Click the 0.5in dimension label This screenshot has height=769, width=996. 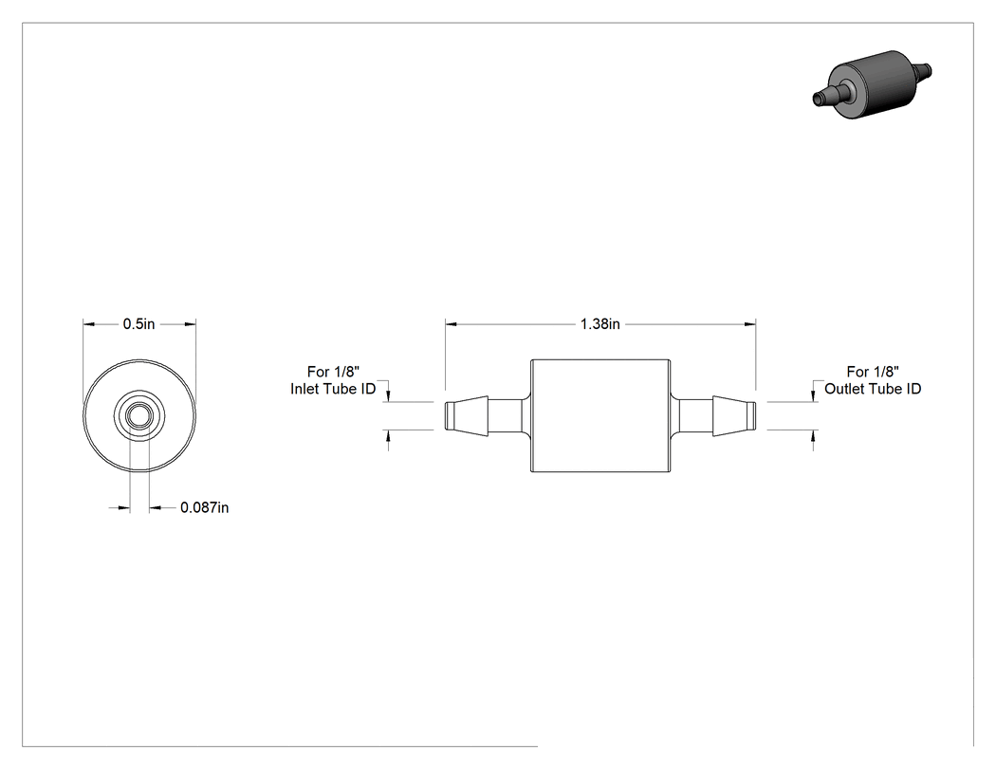coord(138,324)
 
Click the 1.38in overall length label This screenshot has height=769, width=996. coord(599,324)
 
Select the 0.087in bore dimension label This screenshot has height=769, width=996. coord(205,507)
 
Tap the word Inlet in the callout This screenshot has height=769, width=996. coord(303,389)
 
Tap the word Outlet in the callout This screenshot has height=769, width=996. coord(844,389)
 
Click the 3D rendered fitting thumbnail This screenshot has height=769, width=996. coord(872,85)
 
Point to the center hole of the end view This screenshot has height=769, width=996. coord(139,416)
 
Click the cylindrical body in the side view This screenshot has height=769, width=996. coord(600,416)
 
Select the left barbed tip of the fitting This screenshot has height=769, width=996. coord(467,416)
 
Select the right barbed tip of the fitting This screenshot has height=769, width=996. coord(734,416)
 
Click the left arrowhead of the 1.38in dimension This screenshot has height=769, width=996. coord(451,324)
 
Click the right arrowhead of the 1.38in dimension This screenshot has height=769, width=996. coord(749,324)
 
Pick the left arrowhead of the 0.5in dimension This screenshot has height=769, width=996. coord(89,324)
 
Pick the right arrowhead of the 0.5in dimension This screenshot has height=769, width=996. coord(190,324)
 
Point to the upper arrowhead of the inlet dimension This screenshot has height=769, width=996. coord(389,396)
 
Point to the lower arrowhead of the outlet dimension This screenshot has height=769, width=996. coord(814,436)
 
